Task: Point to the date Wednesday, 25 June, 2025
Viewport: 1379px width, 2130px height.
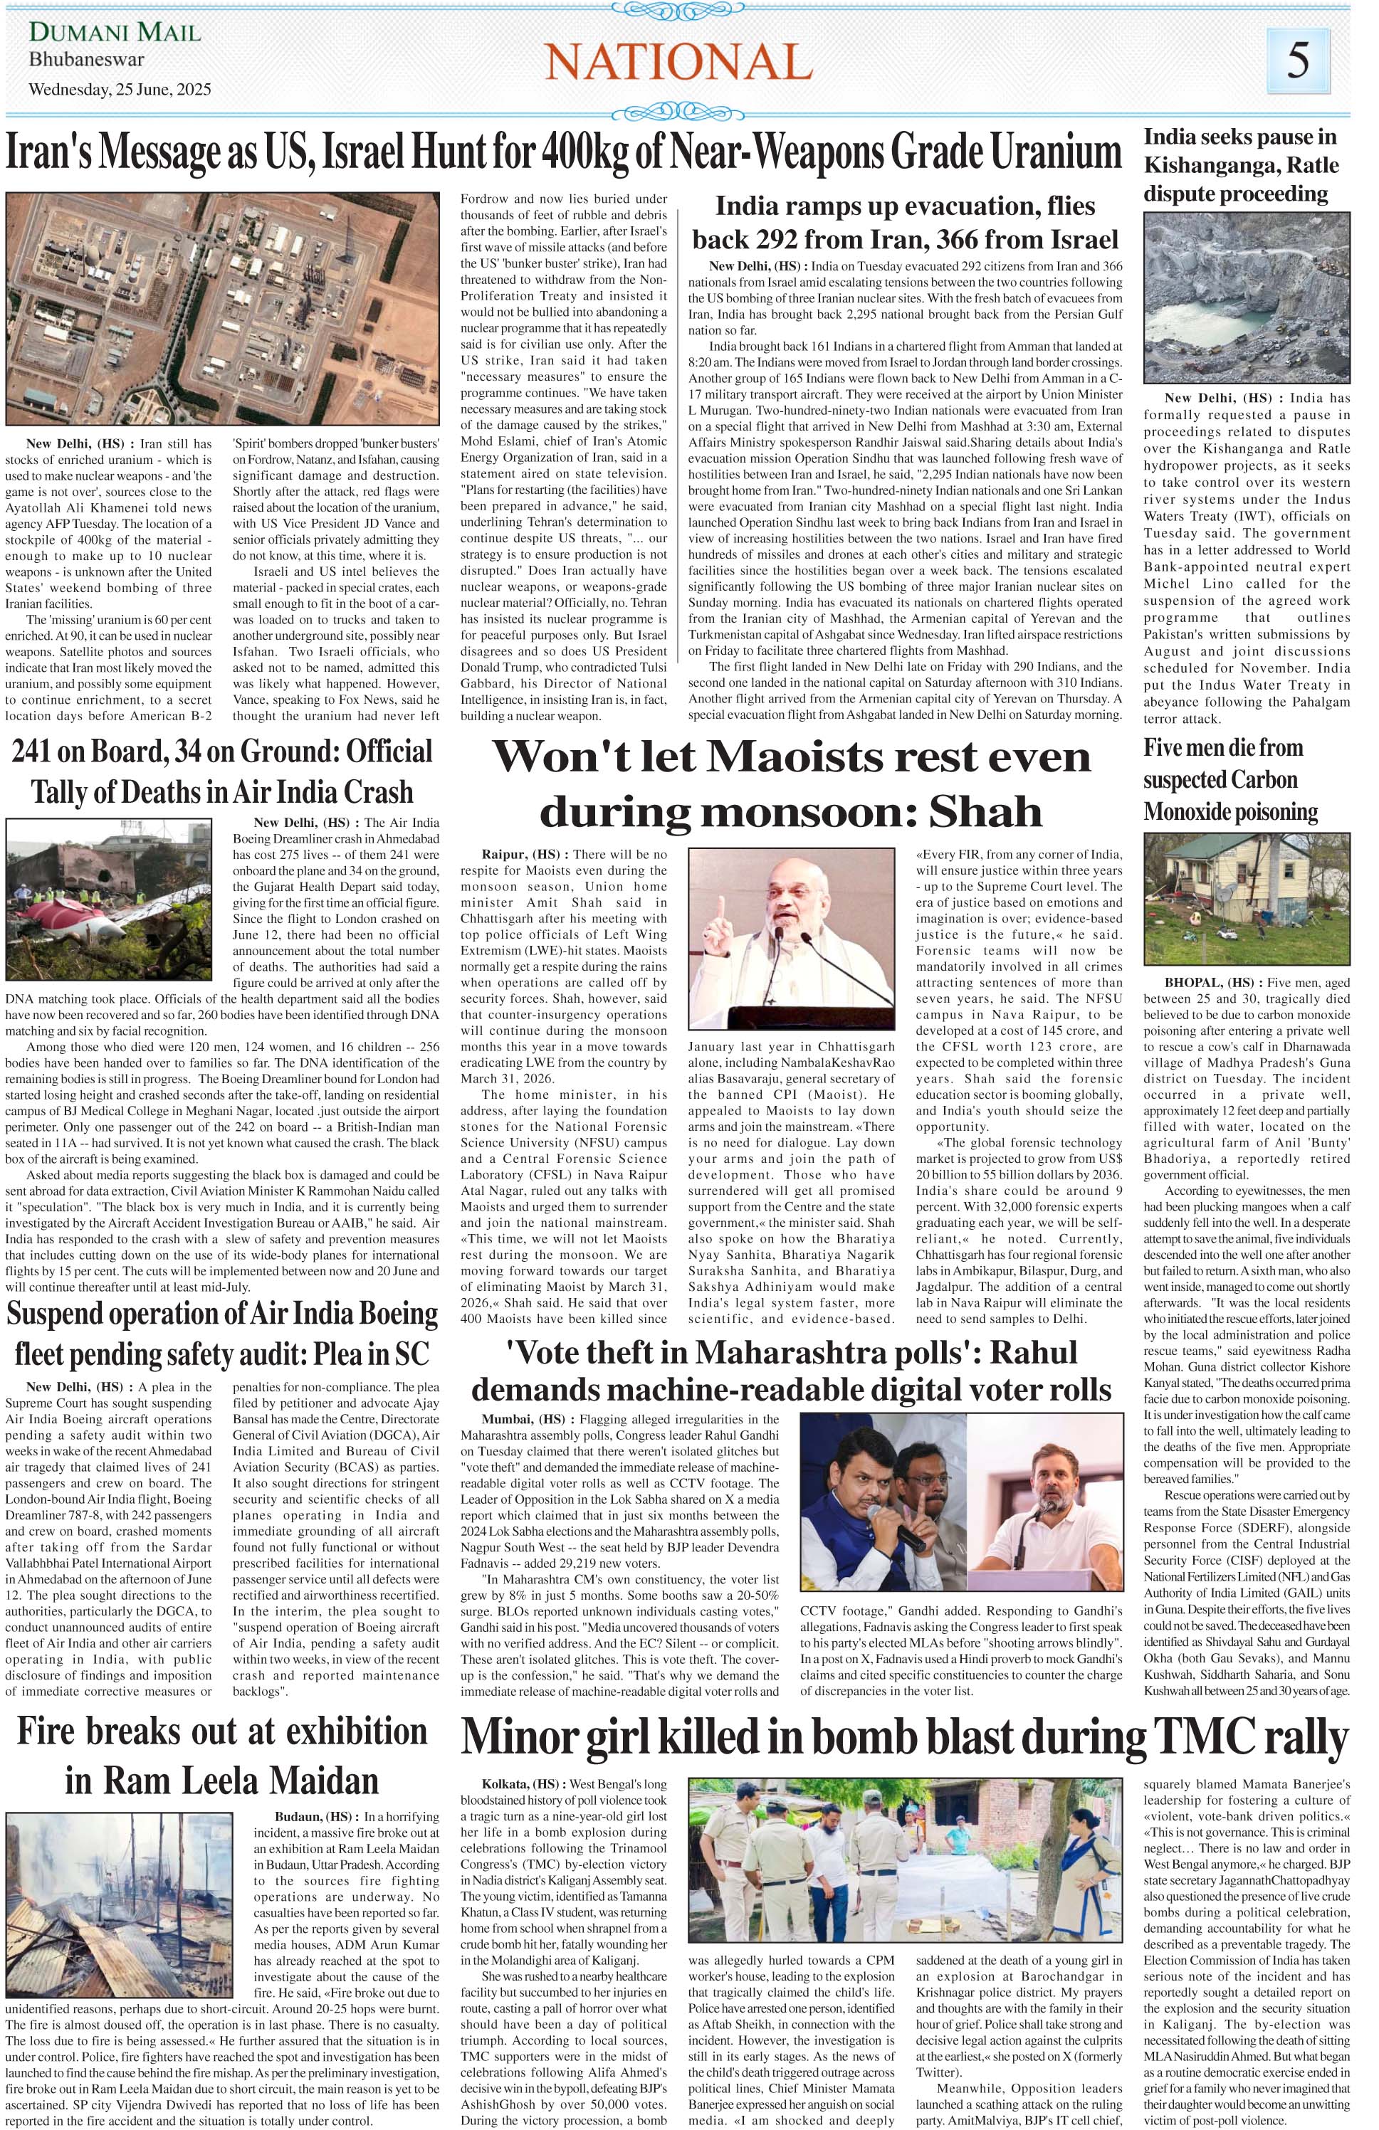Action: click(120, 90)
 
